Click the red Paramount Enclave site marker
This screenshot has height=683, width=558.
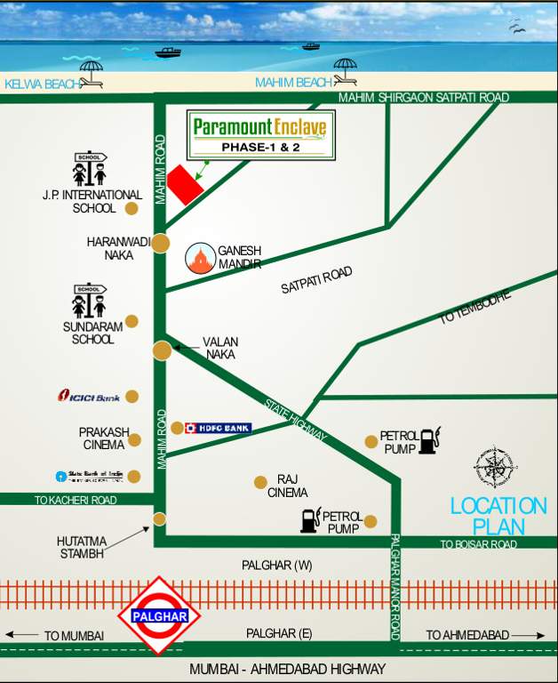(x=185, y=184)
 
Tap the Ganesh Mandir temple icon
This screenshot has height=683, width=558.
(x=201, y=258)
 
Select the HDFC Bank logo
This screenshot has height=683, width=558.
(x=218, y=428)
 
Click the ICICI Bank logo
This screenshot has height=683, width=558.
(x=89, y=396)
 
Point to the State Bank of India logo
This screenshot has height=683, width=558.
(x=89, y=476)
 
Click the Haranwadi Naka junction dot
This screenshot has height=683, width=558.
(x=161, y=243)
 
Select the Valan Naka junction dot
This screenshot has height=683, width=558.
(x=162, y=350)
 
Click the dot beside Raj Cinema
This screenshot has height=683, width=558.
(x=260, y=482)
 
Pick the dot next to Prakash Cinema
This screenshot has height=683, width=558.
(x=135, y=439)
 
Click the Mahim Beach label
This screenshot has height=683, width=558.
(x=293, y=83)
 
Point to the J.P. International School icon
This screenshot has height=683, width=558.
(x=90, y=169)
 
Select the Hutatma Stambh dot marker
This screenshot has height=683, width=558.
(x=160, y=519)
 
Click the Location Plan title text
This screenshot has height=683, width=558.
(x=498, y=516)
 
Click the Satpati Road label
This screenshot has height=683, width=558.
(x=316, y=280)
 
